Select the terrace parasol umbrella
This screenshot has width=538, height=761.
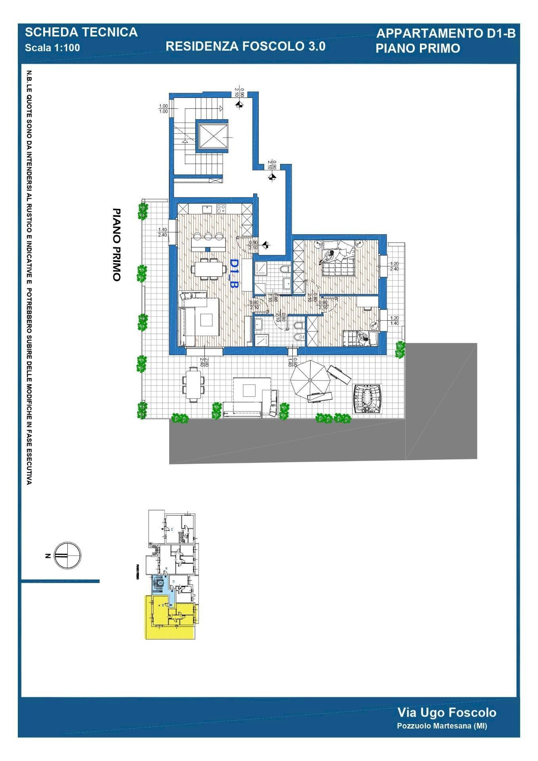tap(310, 380)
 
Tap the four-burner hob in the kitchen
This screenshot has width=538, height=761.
tap(221, 208)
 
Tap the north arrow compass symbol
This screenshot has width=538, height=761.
tap(67, 555)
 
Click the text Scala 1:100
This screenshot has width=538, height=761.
tap(52, 48)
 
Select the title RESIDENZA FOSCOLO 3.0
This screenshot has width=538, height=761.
tap(245, 46)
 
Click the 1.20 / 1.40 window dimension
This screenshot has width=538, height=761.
tap(394, 321)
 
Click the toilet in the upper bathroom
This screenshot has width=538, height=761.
tap(284, 270)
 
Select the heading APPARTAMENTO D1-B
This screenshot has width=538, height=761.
tap(446, 34)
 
